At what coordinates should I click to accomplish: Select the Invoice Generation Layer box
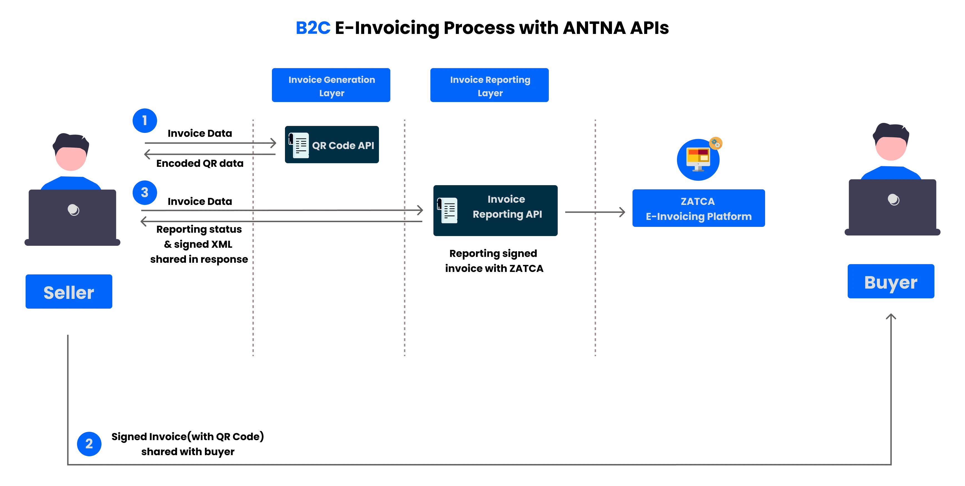point(331,85)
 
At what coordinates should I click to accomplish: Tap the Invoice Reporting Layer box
point(489,85)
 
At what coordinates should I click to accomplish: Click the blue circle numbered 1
point(145,121)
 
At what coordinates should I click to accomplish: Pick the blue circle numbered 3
point(145,193)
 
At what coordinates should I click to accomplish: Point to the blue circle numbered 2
point(89,444)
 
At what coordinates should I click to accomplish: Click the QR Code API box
point(332,145)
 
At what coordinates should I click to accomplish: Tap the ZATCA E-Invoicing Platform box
point(698,208)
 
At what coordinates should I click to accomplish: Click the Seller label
point(69,292)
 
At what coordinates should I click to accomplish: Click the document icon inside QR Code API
point(299,145)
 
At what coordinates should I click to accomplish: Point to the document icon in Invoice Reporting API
point(448,210)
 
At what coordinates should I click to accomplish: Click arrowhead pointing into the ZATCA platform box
point(622,212)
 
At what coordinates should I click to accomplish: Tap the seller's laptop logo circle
point(73,210)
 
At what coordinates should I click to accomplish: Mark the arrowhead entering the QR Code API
point(274,143)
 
